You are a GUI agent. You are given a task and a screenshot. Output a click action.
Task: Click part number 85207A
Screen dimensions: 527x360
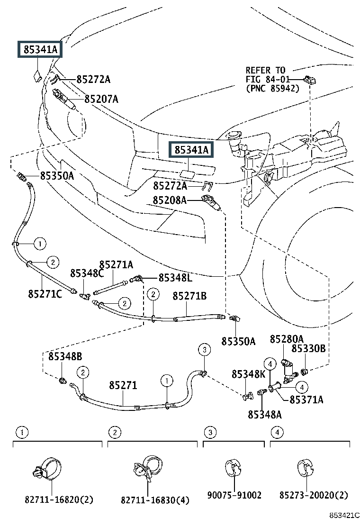101,99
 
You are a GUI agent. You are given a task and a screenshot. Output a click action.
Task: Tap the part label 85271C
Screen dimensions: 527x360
45,294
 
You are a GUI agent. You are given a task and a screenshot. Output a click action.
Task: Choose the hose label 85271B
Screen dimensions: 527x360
189,296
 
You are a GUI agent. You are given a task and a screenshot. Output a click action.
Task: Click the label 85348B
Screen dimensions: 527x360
65,356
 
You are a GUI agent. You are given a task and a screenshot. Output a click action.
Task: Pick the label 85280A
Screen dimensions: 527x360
287,339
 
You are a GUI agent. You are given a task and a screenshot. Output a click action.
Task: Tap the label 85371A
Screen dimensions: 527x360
306,400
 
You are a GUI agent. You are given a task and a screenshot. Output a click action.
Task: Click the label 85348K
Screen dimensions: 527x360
249,374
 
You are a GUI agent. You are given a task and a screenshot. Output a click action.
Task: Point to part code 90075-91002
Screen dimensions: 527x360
234,495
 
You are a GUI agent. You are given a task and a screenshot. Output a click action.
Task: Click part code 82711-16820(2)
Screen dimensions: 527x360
59,499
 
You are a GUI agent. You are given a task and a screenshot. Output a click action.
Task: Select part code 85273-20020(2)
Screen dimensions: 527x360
314,495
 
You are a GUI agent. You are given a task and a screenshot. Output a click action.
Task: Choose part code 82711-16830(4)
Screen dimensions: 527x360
155,499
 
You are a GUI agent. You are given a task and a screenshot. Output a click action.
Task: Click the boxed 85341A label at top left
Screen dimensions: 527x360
40,49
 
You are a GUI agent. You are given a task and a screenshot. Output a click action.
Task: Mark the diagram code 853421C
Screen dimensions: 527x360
345,515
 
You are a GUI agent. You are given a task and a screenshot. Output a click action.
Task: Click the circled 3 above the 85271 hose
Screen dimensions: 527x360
204,350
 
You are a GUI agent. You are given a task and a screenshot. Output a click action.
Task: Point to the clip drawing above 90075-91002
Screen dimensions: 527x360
234,467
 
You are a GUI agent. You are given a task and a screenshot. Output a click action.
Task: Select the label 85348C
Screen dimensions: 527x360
87,273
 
